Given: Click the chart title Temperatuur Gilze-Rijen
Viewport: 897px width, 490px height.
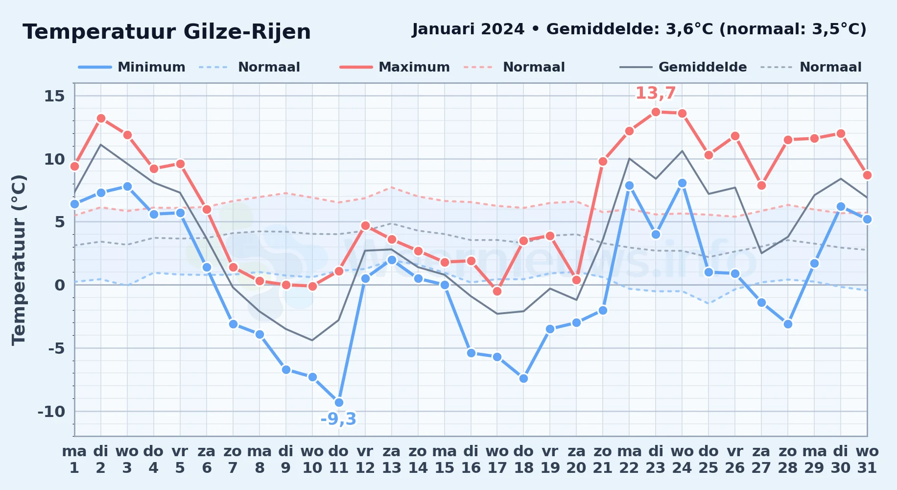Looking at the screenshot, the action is [166, 32].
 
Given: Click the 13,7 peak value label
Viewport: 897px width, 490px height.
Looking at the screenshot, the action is [656, 93].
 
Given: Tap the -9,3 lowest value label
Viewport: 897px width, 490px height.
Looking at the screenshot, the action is [338, 419].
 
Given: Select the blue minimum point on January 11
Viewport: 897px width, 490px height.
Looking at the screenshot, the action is [339, 403].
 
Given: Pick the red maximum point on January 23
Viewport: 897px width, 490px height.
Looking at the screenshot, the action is [656, 112].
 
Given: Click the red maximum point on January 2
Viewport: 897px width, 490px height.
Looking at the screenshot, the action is [101, 118].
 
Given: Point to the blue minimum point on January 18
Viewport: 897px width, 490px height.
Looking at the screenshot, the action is [523, 378].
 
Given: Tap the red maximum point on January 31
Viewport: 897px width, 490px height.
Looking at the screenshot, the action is [867, 175].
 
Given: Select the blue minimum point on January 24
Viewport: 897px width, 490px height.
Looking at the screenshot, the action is [682, 183].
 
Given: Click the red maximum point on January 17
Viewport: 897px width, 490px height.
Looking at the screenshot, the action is [497, 291].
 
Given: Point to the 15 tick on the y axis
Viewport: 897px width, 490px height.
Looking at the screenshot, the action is [54, 96].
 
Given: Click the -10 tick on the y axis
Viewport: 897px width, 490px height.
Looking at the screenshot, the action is [51, 412].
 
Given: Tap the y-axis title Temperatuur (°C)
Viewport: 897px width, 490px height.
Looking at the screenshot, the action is [19, 260].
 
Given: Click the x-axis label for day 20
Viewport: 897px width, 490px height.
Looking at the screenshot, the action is [576, 460].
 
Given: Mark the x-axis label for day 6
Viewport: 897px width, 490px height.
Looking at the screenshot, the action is [207, 460].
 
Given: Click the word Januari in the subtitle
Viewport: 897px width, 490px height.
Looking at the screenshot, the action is [444, 29].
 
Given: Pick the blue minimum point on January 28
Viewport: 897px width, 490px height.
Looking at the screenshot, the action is [788, 324].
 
